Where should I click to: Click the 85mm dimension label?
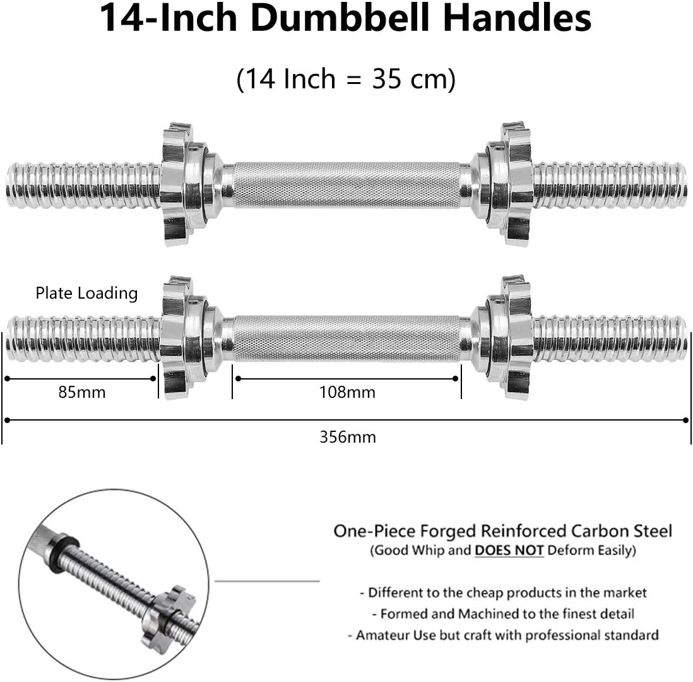coord(82,392)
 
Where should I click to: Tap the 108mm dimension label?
coord(346,392)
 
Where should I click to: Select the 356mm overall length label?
coord(347,436)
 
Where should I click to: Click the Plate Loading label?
coord(86,293)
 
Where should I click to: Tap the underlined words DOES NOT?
coord(509,550)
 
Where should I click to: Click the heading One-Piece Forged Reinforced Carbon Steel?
coord(502,530)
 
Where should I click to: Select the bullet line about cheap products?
coord(503,592)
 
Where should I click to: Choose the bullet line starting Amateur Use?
coord(503,635)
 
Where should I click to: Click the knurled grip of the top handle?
coord(346,184)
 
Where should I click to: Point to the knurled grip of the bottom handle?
coord(346,338)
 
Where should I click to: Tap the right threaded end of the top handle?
coord(610,184)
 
